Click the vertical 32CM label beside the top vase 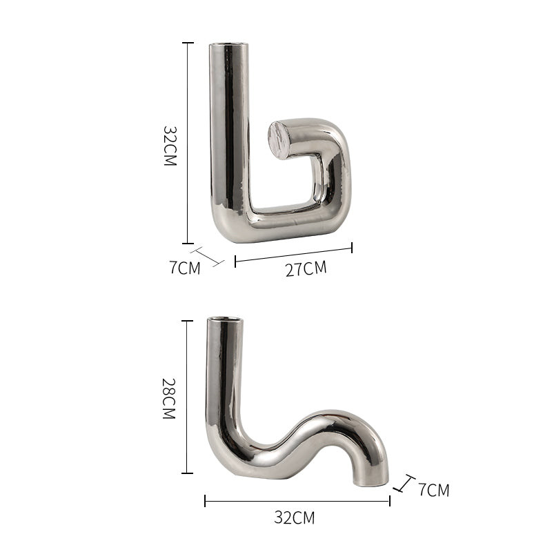[x=170, y=146]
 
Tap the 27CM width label [x=306, y=268]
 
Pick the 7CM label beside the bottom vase [x=433, y=491]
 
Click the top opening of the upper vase [x=229, y=46]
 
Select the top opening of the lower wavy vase [x=226, y=320]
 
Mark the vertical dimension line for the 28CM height [x=187, y=397]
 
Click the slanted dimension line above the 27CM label [x=293, y=253]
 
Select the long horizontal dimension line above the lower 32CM [x=297, y=501]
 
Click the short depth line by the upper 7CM [x=207, y=255]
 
